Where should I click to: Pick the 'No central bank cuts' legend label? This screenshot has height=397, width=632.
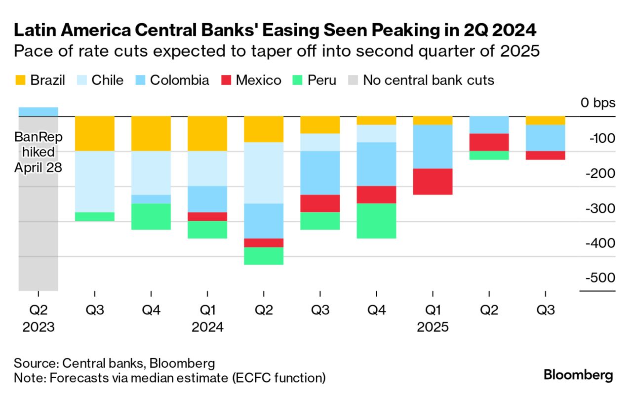click(x=428, y=80)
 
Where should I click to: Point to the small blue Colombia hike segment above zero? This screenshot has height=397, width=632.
click(x=39, y=112)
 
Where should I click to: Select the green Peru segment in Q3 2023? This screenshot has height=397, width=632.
click(x=95, y=216)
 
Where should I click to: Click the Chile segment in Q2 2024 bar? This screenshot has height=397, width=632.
click(x=264, y=173)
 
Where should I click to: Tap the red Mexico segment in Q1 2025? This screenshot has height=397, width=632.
click(x=433, y=182)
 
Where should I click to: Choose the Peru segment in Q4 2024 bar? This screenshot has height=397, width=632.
click(x=376, y=221)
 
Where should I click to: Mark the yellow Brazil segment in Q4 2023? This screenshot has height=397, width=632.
click(x=151, y=134)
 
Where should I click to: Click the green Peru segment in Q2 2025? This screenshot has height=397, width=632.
click(x=489, y=155)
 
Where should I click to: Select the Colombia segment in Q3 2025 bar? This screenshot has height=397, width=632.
click(x=545, y=138)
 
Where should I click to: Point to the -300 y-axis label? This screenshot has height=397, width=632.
click(x=599, y=208)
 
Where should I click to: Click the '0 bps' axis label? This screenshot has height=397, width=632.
click(x=598, y=103)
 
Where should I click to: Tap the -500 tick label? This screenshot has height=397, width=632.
click(x=599, y=278)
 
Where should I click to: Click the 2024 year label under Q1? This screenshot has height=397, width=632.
click(x=207, y=327)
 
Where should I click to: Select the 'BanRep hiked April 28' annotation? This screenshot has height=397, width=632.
click(x=38, y=152)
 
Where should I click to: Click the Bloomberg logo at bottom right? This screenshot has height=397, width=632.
click(x=578, y=375)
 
